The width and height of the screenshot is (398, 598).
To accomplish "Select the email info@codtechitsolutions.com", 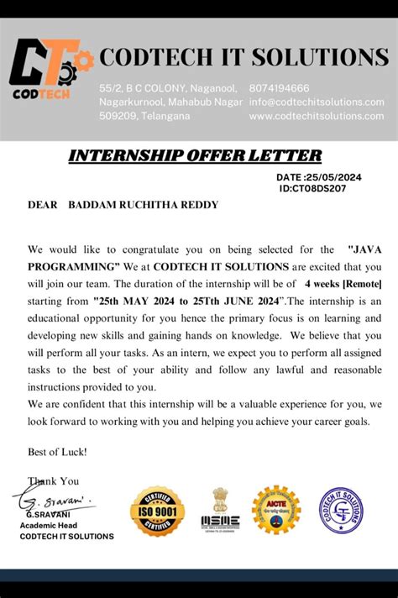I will [317, 102].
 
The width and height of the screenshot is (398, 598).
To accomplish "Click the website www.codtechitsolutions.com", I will [317, 116].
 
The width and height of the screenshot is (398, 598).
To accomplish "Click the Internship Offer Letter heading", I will [194, 155].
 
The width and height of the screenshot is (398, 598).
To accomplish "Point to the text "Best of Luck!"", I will [57, 451].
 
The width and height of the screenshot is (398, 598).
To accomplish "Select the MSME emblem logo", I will [220, 510].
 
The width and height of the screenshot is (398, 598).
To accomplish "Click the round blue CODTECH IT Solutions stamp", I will [340, 510].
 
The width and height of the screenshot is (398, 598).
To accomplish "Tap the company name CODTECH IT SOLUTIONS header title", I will [244, 57].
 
